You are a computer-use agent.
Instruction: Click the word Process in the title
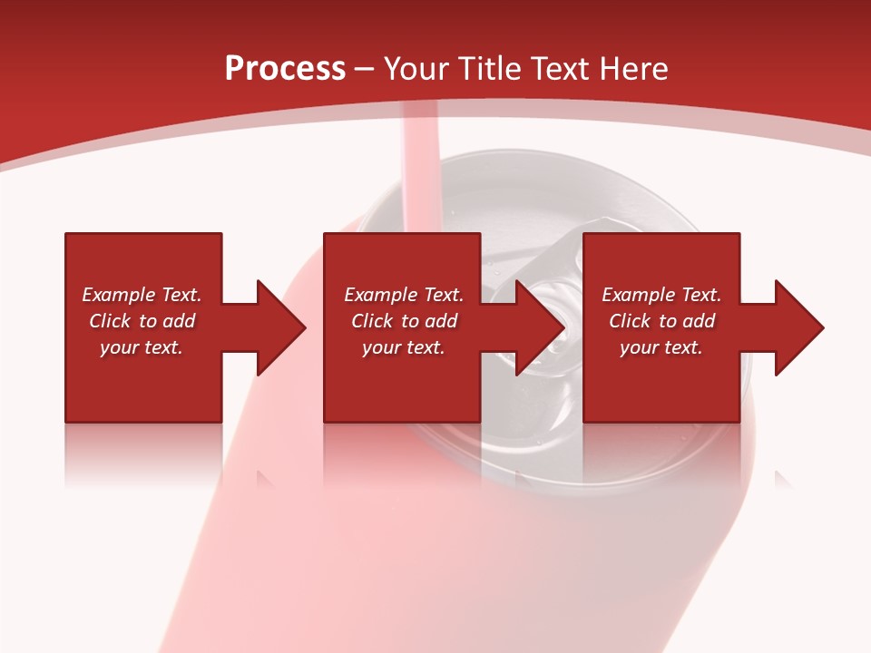click(x=285, y=69)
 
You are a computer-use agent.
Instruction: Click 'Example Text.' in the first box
click(x=142, y=295)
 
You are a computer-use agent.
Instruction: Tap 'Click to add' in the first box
click(x=142, y=321)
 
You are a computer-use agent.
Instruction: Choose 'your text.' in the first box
click(x=142, y=347)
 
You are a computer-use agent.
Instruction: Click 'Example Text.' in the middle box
click(x=404, y=295)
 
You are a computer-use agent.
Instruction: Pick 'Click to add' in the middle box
click(x=404, y=321)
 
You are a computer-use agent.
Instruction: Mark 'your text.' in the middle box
click(x=404, y=347)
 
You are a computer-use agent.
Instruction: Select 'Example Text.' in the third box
click(x=661, y=295)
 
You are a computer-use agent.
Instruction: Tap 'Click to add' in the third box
click(x=661, y=321)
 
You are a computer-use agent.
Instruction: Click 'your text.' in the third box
click(x=661, y=347)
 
